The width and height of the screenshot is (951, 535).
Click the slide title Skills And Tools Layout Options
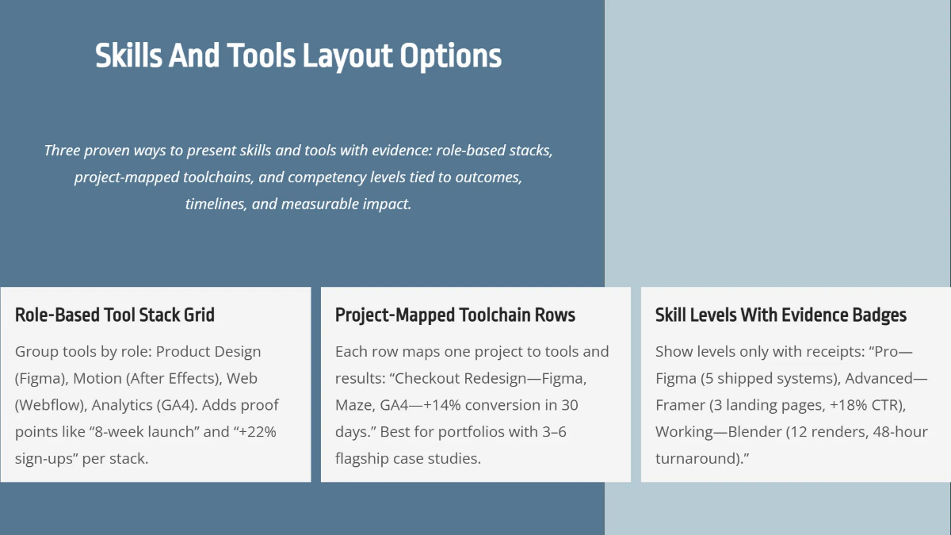(x=298, y=56)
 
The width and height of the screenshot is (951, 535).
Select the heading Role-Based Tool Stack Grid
(x=115, y=315)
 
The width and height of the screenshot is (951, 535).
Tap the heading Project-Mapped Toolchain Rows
(x=455, y=315)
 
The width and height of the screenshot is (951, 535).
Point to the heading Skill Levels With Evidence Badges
(x=781, y=315)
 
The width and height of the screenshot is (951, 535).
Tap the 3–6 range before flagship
(x=552, y=432)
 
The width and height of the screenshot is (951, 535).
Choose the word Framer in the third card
(x=681, y=405)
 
